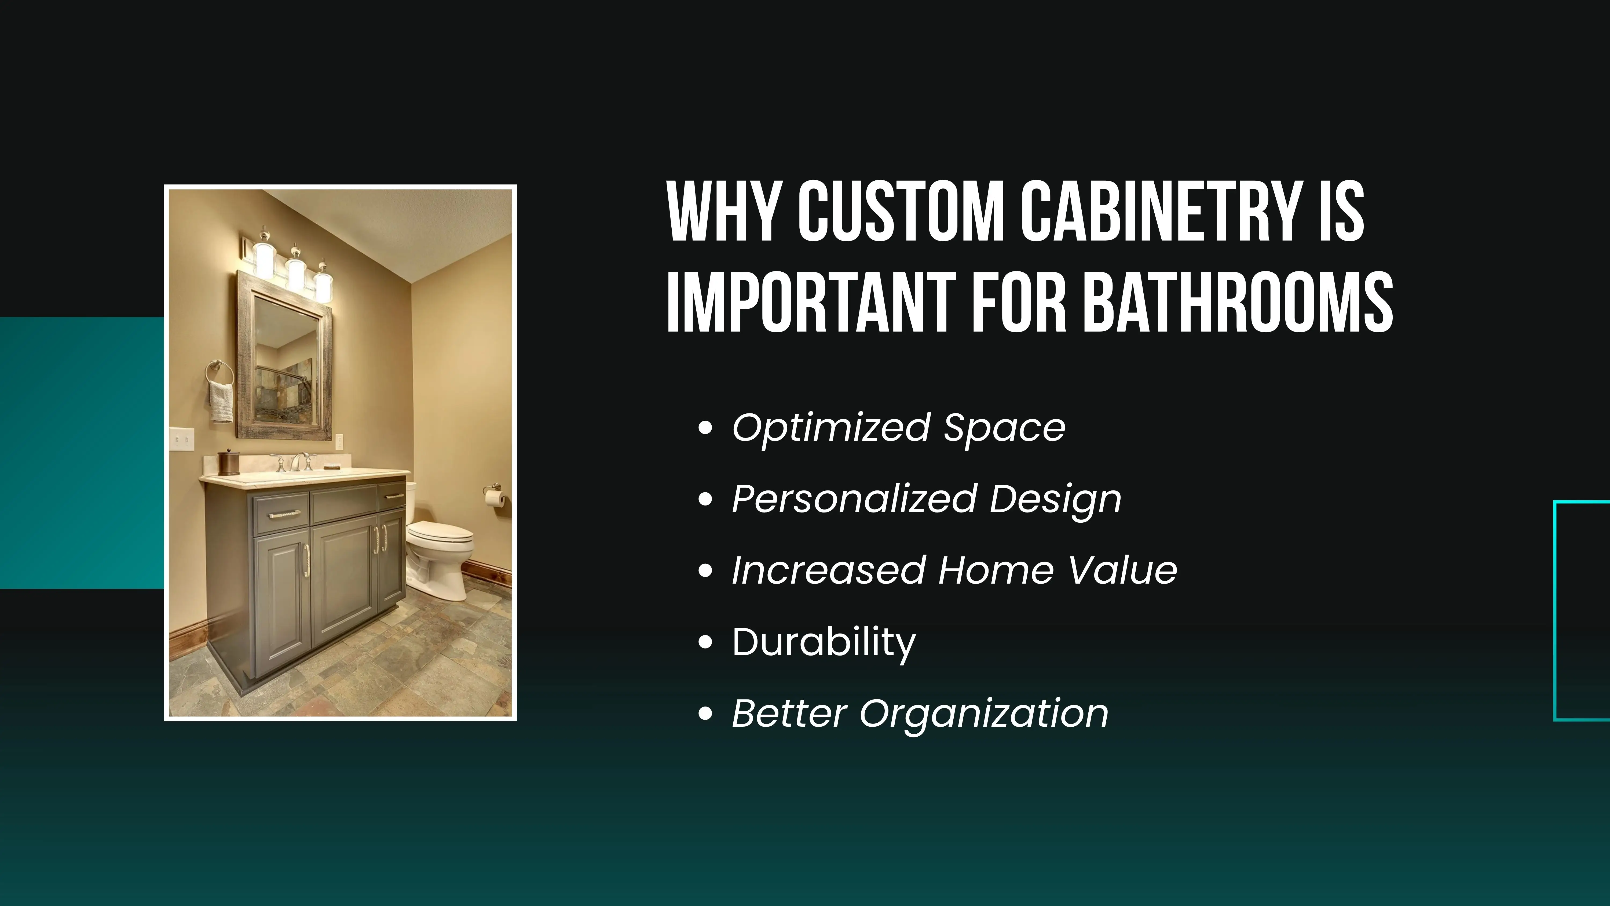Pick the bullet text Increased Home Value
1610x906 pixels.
(954, 571)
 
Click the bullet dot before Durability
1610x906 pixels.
(705, 643)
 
